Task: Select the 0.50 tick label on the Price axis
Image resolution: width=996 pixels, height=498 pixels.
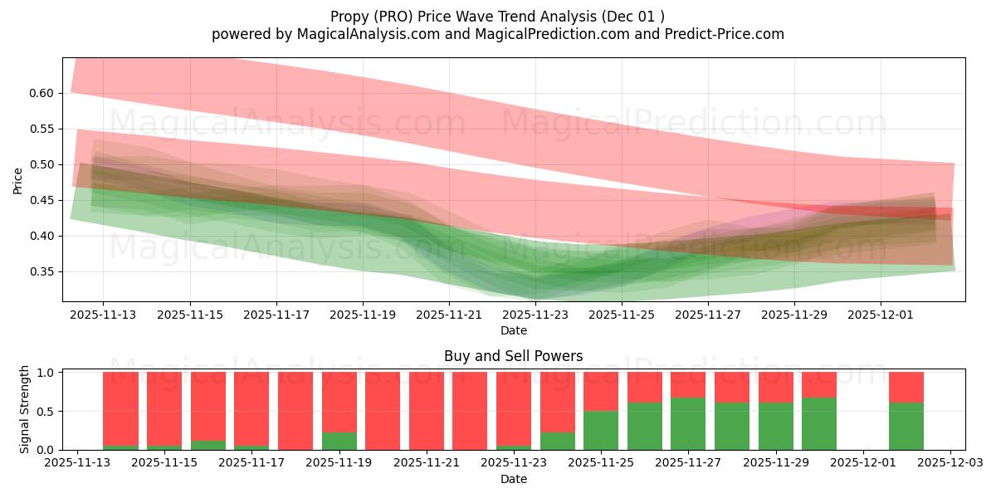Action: coord(41,164)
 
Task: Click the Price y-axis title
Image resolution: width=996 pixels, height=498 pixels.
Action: coord(18,180)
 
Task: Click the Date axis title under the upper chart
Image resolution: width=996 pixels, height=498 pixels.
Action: coord(513,330)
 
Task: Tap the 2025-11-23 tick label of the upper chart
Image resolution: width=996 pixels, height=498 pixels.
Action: coord(535,315)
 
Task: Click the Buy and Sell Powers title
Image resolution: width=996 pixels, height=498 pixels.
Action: coord(513,356)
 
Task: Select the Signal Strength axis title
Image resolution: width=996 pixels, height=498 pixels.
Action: coord(25,409)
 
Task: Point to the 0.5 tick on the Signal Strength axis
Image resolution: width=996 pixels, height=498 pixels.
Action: coord(48,411)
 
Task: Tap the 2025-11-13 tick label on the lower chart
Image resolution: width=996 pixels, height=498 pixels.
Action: coord(77,463)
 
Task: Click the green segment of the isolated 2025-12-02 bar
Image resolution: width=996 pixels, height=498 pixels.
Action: coord(906,427)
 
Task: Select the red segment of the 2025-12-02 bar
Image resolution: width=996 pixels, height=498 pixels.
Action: coord(906,387)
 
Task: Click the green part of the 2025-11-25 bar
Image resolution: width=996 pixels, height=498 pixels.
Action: coord(601,431)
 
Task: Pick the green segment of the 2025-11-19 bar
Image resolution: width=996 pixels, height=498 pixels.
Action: coord(339,442)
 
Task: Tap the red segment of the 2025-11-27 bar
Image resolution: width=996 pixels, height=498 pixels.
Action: coord(688,384)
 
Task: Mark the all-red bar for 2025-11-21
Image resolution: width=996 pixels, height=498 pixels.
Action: coord(426,411)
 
